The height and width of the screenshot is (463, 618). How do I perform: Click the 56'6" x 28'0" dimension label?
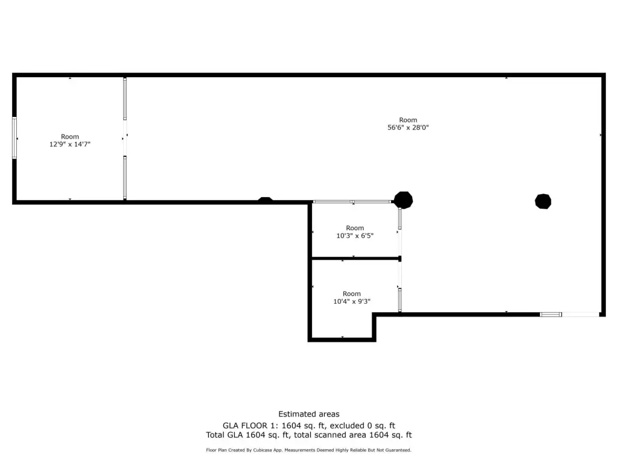pyautogui.click(x=408, y=128)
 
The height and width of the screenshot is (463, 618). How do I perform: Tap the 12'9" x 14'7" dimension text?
pyautogui.click(x=70, y=145)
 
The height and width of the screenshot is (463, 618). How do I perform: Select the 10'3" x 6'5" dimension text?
pyautogui.click(x=355, y=236)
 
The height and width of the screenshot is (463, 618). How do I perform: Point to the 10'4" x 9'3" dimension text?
pyautogui.click(x=352, y=301)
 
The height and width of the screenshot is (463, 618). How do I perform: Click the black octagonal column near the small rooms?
pyautogui.click(x=403, y=200)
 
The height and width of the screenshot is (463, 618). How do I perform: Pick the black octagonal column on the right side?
pyautogui.click(x=543, y=201)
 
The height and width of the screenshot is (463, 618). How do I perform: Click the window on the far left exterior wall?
pyautogui.click(x=14, y=138)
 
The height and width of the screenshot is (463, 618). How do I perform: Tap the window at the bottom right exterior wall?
pyautogui.click(x=550, y=314)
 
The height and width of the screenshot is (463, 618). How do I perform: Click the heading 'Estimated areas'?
pyautogui.click(x=309, y=414)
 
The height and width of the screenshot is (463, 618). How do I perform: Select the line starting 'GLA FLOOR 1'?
pyautogui.click(x=309, y=425)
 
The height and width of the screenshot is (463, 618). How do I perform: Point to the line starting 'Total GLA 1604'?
pyautogui.click(x=309, y=435)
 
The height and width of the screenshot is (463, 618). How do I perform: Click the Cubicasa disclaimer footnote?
pyautogui.click(x=309, y=450)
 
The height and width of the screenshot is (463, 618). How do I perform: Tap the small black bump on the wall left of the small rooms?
pyautogui.click(x=266, y=200)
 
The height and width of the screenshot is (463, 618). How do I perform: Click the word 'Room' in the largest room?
pyautogui.click(x=408, y=120)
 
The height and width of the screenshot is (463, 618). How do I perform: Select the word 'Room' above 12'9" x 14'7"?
pyautogui.click(x=70, y=137)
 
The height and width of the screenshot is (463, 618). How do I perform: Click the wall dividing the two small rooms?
pyautogui.click(x=355, y=259)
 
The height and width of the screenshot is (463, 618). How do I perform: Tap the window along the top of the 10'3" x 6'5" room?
pyautogui.click(x=352, y=201)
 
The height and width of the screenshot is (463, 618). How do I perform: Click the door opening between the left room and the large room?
pyautogui.click(x=125, y=138)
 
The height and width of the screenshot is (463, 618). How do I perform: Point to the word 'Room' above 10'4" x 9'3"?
pyautogui.click(x=352, y=294)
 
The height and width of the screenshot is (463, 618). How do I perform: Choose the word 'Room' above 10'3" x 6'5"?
pyautogui.click(x=355, y=228)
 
